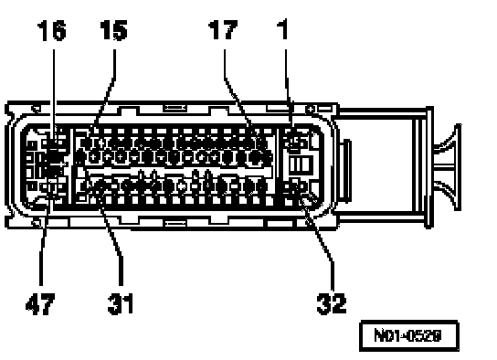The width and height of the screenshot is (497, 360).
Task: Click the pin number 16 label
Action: (52, 30)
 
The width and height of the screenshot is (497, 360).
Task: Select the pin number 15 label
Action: (113, 30)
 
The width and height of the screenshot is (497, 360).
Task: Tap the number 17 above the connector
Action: (223, 30)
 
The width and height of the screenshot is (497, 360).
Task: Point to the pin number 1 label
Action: (282, 29)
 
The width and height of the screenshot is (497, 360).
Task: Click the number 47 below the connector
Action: (40, 304)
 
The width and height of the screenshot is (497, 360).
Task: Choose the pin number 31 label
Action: (121, 304)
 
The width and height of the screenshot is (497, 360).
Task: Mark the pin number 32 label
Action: (332, 304)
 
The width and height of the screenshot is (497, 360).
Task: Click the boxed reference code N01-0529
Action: (409, 335)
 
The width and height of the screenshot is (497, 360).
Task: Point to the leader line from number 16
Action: (54, 95)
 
